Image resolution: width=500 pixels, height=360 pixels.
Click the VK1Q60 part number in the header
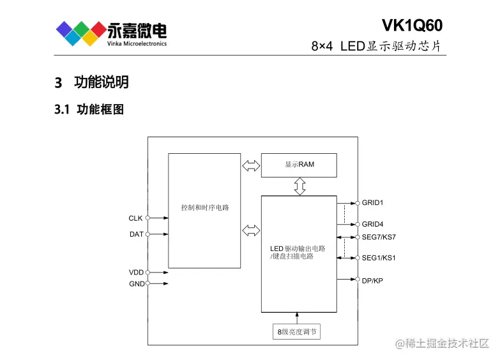point(412,24)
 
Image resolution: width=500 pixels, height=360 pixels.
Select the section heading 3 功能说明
point(92,82)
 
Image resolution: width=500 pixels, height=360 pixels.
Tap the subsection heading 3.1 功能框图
point(89,110)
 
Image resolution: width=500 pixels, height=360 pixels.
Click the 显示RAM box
point(299,165)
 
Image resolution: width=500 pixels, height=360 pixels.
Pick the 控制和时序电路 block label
point(205,208)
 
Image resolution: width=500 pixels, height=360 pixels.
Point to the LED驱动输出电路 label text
point(298,248)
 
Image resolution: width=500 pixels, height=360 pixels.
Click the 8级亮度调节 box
point(297,332)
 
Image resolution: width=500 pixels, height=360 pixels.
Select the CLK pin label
point(135,218)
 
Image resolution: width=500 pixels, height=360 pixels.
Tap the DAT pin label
point(136,234)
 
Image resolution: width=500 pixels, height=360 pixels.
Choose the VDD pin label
point(136,273)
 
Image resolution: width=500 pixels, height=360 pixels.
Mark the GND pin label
point(137,284)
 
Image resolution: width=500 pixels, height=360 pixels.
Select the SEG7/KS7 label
point(379,237)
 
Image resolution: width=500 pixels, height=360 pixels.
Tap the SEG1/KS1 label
point(379,258)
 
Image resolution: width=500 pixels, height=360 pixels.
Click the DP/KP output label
point(372,280)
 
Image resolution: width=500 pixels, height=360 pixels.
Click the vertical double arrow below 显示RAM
point(299,186)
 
